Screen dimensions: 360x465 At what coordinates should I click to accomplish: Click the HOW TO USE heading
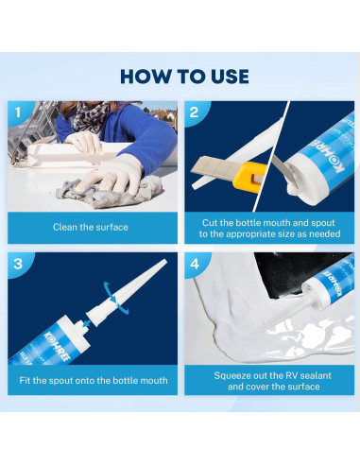184,77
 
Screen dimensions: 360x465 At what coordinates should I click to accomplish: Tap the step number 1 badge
18,112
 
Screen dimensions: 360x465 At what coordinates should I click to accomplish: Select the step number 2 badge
195,112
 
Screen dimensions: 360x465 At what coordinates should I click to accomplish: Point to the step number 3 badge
18,264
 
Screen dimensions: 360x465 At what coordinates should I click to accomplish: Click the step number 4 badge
195,264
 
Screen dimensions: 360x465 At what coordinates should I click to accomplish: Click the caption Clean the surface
91,227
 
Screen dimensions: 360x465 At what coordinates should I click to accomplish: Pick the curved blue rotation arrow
115,299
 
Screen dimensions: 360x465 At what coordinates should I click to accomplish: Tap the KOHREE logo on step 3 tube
59,346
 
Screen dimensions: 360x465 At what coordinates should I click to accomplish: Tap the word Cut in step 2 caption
210,223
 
